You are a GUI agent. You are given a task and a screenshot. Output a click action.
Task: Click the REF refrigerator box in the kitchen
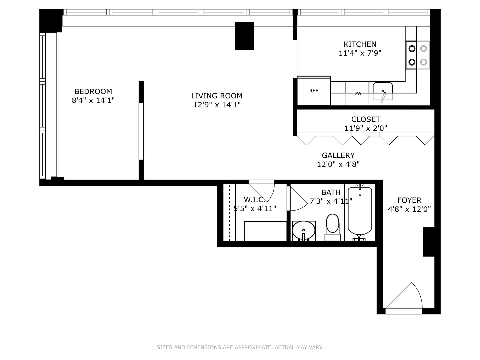(314, 91)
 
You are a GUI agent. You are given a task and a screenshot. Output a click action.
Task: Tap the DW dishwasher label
(357, 94)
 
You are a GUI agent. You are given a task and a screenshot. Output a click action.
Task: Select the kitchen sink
(383, 91)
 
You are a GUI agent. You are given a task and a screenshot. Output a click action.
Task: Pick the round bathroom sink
(303, 230)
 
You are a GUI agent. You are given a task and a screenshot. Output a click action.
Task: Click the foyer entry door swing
(405, 297)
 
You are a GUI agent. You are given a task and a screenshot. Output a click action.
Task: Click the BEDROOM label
(93, 91)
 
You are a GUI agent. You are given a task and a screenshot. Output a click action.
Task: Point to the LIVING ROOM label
(217, 96)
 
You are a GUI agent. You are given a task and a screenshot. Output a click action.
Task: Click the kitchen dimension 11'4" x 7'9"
(360, 53)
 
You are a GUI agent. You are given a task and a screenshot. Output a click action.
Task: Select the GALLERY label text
(338, 155)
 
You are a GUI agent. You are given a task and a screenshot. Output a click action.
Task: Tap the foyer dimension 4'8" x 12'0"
(409, 209)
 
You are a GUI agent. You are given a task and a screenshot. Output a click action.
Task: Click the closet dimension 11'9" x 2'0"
(366, 128)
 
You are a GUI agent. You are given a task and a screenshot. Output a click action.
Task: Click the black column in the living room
(244, 36)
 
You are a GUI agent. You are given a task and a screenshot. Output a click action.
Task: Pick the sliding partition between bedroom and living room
(141, 131)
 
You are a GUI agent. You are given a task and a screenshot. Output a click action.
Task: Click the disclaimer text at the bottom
(240, 347)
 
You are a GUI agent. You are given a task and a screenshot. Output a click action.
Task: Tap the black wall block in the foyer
(429, 242)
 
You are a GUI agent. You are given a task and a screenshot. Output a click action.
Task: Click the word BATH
(331, 192)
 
